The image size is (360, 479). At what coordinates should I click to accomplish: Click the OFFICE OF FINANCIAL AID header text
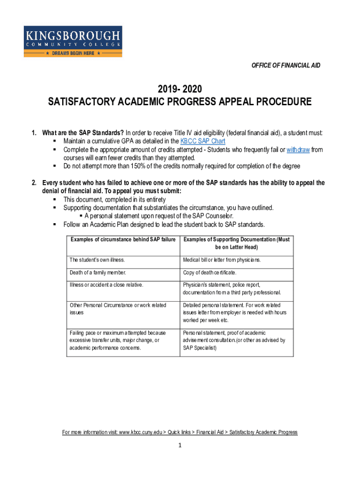click(286, 65)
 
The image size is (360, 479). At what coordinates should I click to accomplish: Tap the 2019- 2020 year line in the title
click(180, 88)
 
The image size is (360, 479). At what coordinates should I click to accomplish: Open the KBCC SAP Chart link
click(202, 141)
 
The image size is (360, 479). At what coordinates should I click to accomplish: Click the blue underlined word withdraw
click(298, 150)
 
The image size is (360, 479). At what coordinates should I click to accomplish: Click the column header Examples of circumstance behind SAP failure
click(123, 239)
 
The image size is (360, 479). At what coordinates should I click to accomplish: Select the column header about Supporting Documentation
click(237, 243)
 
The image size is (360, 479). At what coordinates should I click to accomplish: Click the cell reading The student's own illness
click(97, 260)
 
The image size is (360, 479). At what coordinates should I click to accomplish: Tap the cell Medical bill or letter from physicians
click(222, 260)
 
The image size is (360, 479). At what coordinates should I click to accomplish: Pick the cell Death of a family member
click(98, 272)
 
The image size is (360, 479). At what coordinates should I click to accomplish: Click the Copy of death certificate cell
click(210, 272)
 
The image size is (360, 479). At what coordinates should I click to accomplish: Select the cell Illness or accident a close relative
click(106, 284)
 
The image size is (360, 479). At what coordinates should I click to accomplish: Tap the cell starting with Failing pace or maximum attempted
click(115, 340)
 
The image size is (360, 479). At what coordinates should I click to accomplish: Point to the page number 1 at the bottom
click(180, 445)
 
